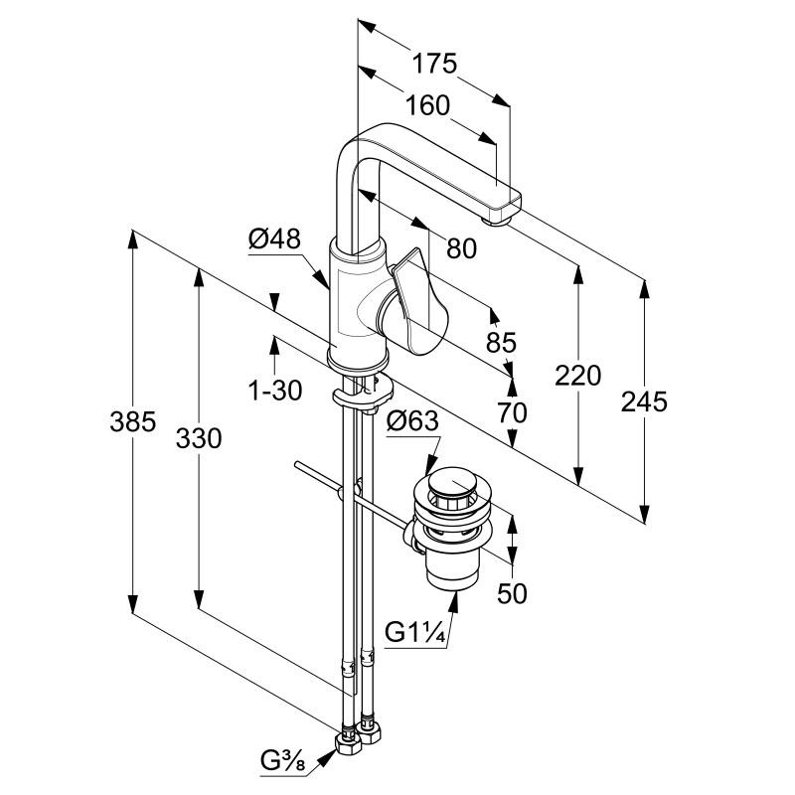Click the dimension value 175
435,65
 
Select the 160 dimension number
427,105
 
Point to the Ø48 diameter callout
274,238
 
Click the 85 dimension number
501,343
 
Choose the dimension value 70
513,412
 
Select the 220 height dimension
579,376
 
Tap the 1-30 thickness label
274,391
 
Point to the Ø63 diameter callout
411,421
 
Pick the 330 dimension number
199,437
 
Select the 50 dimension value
512,593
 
